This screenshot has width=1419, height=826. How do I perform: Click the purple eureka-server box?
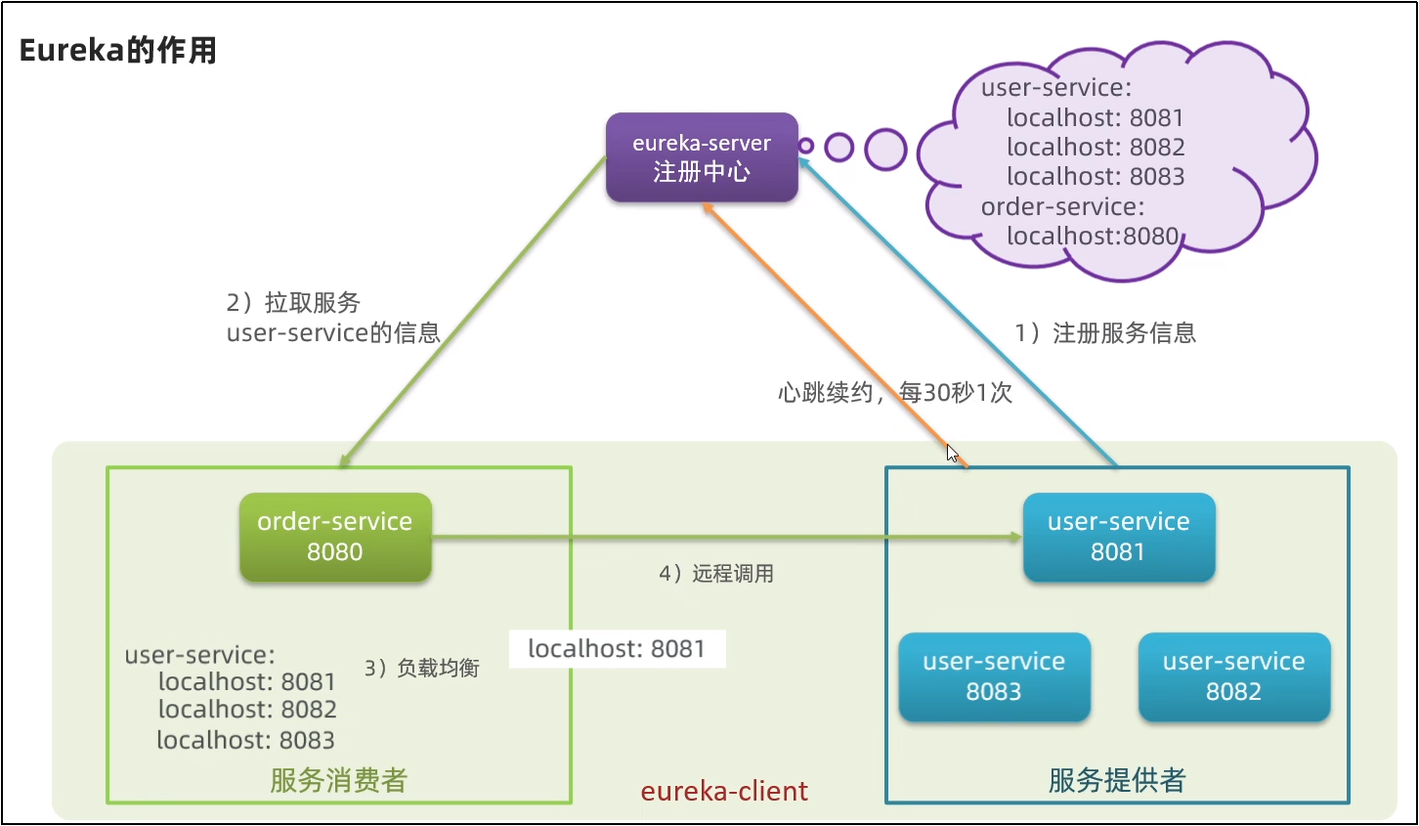point(702,157)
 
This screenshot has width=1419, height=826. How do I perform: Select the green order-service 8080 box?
point(336,537)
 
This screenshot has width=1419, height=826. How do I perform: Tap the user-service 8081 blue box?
point(1119,537)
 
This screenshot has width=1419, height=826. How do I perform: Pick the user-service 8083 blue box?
point(995,676)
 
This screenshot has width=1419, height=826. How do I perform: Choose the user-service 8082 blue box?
point(1234,676)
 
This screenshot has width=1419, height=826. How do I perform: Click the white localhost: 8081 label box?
point(617,649)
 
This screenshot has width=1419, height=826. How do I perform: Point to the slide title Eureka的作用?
point(118,50)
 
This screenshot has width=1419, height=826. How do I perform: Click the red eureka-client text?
point(724,791)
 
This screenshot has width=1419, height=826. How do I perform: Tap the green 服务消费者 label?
point(339,780)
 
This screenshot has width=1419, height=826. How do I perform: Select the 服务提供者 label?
point(1117,780)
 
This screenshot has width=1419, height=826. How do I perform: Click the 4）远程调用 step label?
point(715,573)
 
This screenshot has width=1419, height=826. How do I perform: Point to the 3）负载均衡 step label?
point(422,668)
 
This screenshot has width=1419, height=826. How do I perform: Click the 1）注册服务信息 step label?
point(1105,332)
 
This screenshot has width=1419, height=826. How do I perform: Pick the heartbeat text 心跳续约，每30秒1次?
point(895,393)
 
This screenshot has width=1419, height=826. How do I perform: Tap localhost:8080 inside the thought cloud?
point(1093,236)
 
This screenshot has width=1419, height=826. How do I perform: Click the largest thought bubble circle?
point(885,150)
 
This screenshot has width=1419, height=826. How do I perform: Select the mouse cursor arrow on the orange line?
point(952,454)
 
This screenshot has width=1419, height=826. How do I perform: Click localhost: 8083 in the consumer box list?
point(246,740)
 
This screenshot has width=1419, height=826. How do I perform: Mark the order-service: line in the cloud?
point(1063,206)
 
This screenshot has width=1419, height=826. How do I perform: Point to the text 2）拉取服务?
point(293,302)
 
